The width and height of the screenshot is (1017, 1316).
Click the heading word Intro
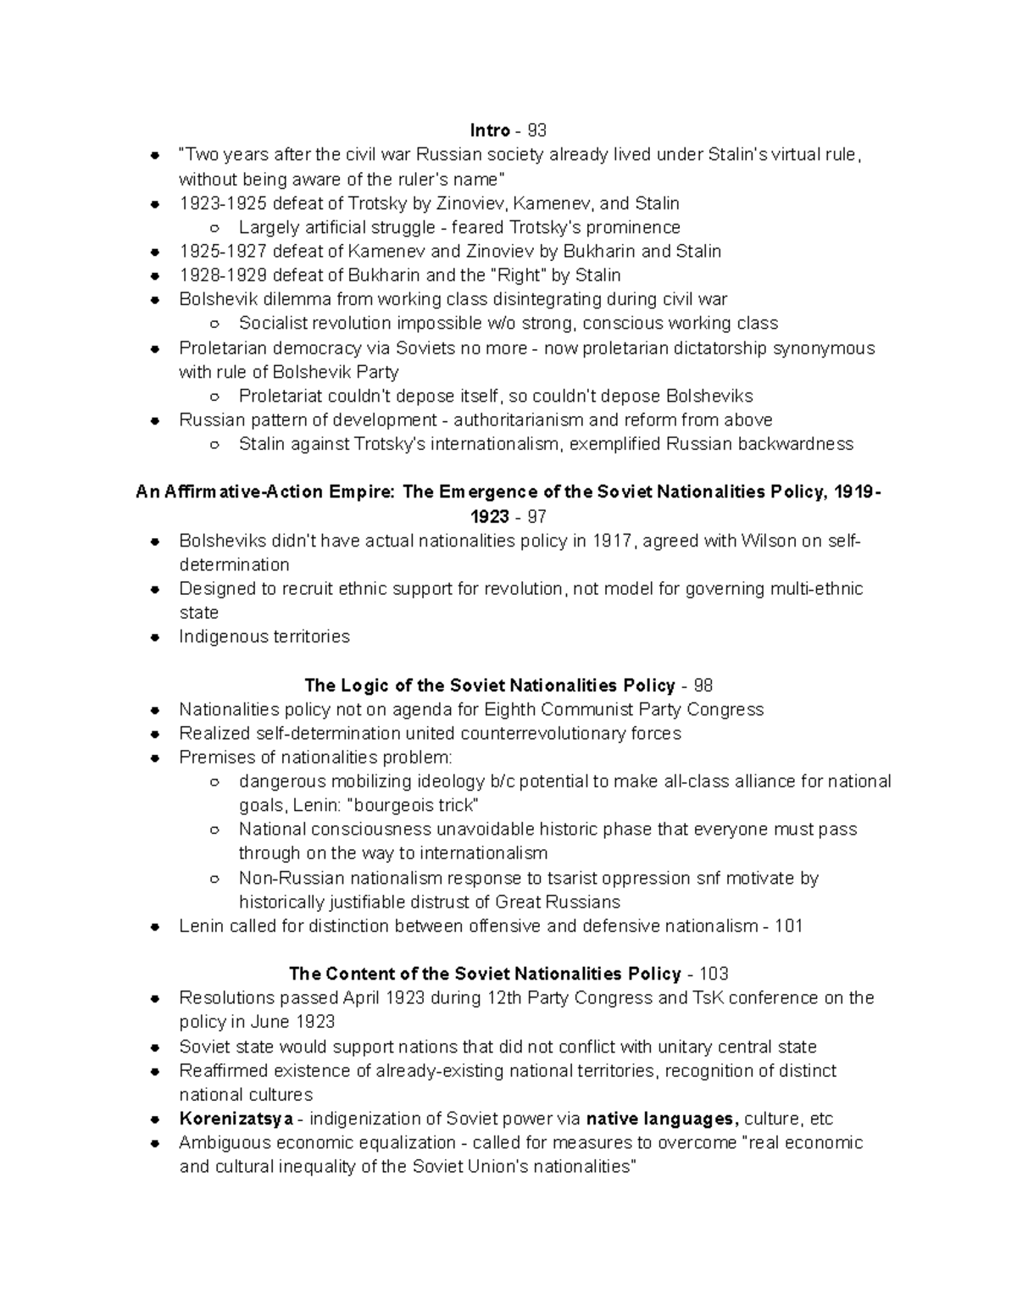click(x=490, y=130)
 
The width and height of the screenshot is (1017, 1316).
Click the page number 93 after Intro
click(x=536, y=130)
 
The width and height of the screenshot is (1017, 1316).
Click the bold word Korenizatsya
click(x=236, y=1119)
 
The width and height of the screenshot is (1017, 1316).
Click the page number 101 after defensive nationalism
click(x=788, y=926)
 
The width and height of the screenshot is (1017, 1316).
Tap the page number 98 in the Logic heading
click(x=703, y=686)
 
